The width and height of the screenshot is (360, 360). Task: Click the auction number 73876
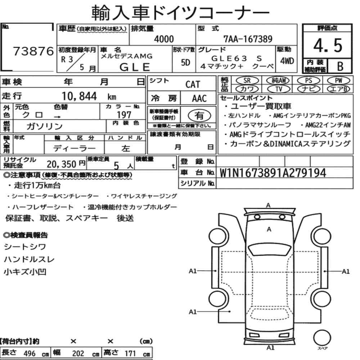[x=33, y=51]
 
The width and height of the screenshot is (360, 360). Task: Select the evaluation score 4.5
[x=328, y=45]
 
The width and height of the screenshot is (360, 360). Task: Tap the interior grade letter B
[x=340, y=66]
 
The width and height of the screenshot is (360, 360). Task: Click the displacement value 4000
[x=164, y=39]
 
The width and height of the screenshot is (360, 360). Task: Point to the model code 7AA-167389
[x=248, y=39]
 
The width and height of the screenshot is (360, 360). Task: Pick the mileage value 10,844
[x=79, y=96]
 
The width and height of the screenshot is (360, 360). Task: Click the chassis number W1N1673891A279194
[x=273, y=173]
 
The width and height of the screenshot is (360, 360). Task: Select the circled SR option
[x=247, y=81]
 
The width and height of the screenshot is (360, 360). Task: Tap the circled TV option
[x=279, y=89]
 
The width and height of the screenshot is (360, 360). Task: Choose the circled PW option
[x=338, y=81]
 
